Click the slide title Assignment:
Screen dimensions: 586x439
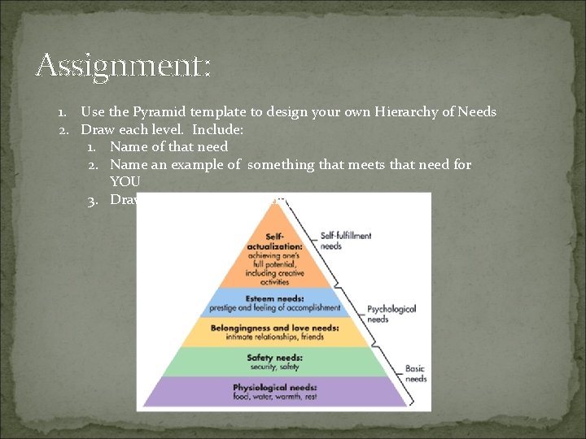123,65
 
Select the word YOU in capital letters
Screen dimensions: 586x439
125,181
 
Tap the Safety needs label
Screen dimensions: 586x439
274,357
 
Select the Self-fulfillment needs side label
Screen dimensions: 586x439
346,241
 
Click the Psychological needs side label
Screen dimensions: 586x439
391,314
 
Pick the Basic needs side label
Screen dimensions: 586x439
416,374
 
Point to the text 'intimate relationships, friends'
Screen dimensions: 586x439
273,337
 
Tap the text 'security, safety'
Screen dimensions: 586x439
274,367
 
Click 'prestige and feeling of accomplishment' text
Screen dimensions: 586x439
273,308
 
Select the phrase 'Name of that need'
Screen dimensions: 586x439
168,147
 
